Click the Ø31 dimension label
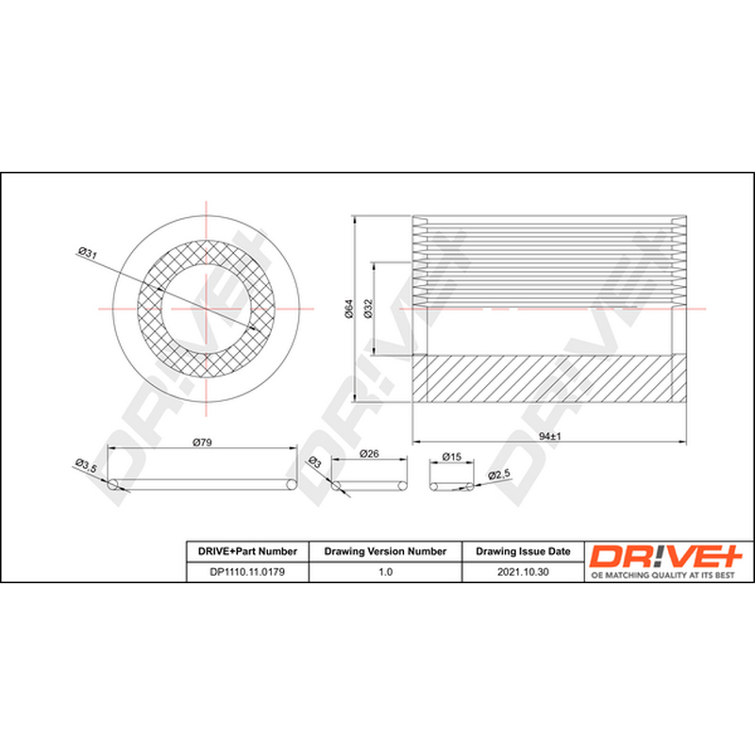click(x=87, y=253)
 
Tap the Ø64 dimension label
click(x=349, y=309)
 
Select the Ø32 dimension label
click(x=368, y=309)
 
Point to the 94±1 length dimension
click(x=550, y=436)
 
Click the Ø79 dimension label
click(x=202, y=442)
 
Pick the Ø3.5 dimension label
click(x=86, y=465)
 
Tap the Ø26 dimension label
click(x=369, y=454)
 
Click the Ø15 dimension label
click(x=452, y=457)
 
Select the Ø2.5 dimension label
click(x=499, y=475)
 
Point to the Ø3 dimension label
click(x=314, y=462)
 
